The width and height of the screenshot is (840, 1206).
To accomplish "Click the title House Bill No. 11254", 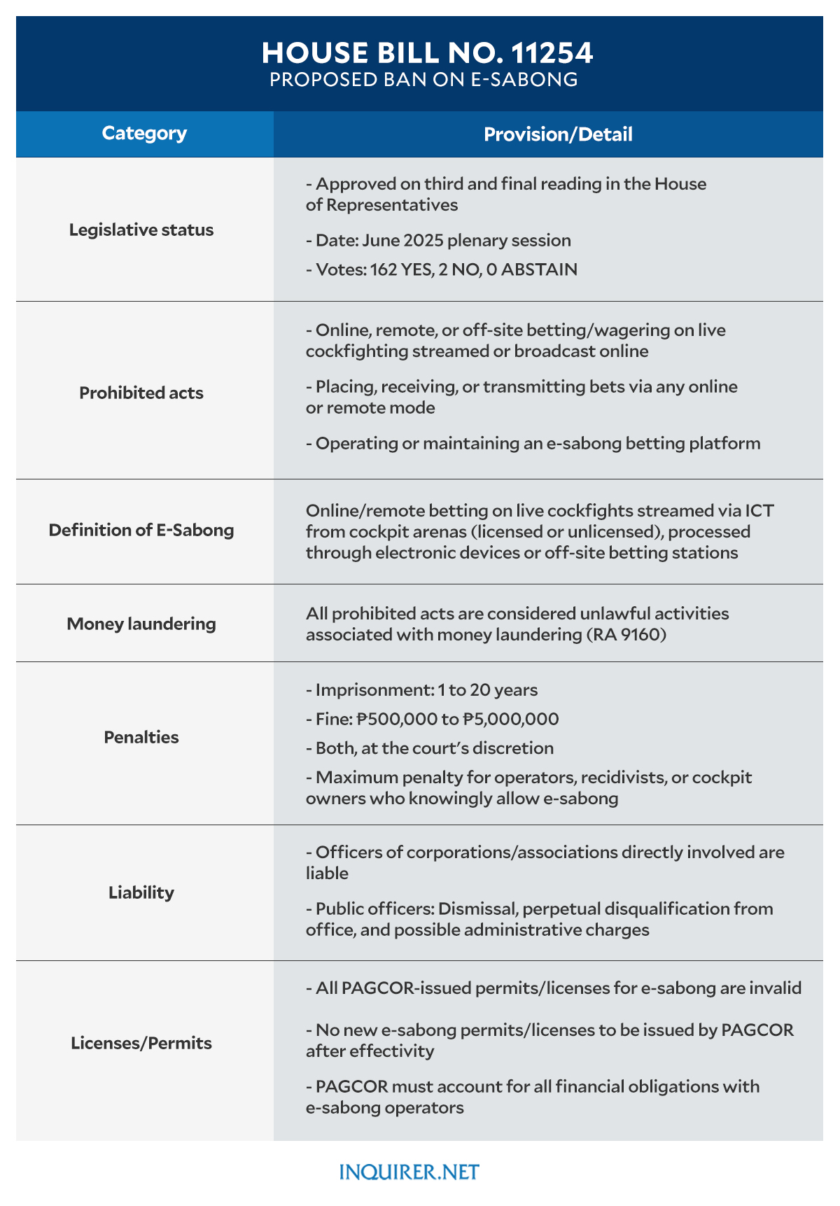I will [427, 53].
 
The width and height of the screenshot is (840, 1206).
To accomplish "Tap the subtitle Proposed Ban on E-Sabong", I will [423, 80].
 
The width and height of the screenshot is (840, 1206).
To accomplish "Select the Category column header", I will [144, 133].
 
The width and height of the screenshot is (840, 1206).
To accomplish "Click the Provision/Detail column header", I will [558, 134].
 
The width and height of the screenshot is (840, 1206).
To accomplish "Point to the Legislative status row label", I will [141, 230].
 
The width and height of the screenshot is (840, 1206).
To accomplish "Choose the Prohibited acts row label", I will [141, 393].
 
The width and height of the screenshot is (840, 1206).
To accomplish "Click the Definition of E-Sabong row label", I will [141, 530].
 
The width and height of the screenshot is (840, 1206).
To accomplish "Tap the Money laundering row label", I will [141, 623].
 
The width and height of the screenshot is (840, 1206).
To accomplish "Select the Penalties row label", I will [141, 737].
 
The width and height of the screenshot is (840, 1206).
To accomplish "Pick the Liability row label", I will [141, 892].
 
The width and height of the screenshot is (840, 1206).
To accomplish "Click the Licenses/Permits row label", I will [141, 1043].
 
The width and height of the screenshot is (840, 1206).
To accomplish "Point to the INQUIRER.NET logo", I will [409, 1172].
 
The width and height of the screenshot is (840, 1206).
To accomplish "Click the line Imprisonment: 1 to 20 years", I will [422, 690].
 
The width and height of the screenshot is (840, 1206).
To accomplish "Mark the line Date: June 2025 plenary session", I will [439, 241].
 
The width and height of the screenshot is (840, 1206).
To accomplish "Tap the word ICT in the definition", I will [758, 510].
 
